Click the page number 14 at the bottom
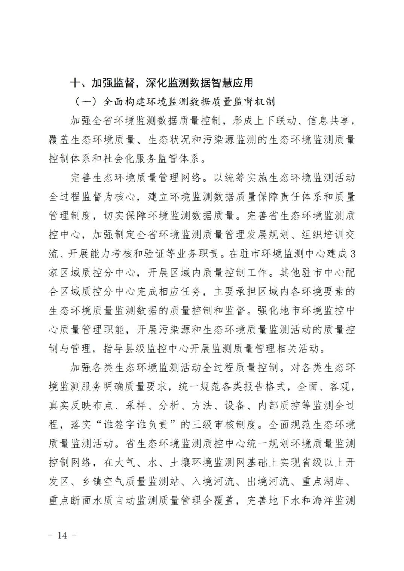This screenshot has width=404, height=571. [62, 535]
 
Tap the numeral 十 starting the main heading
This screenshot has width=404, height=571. [75, 83]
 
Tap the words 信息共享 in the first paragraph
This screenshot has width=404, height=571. [329, 120]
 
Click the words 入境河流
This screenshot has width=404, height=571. [213, 482]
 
